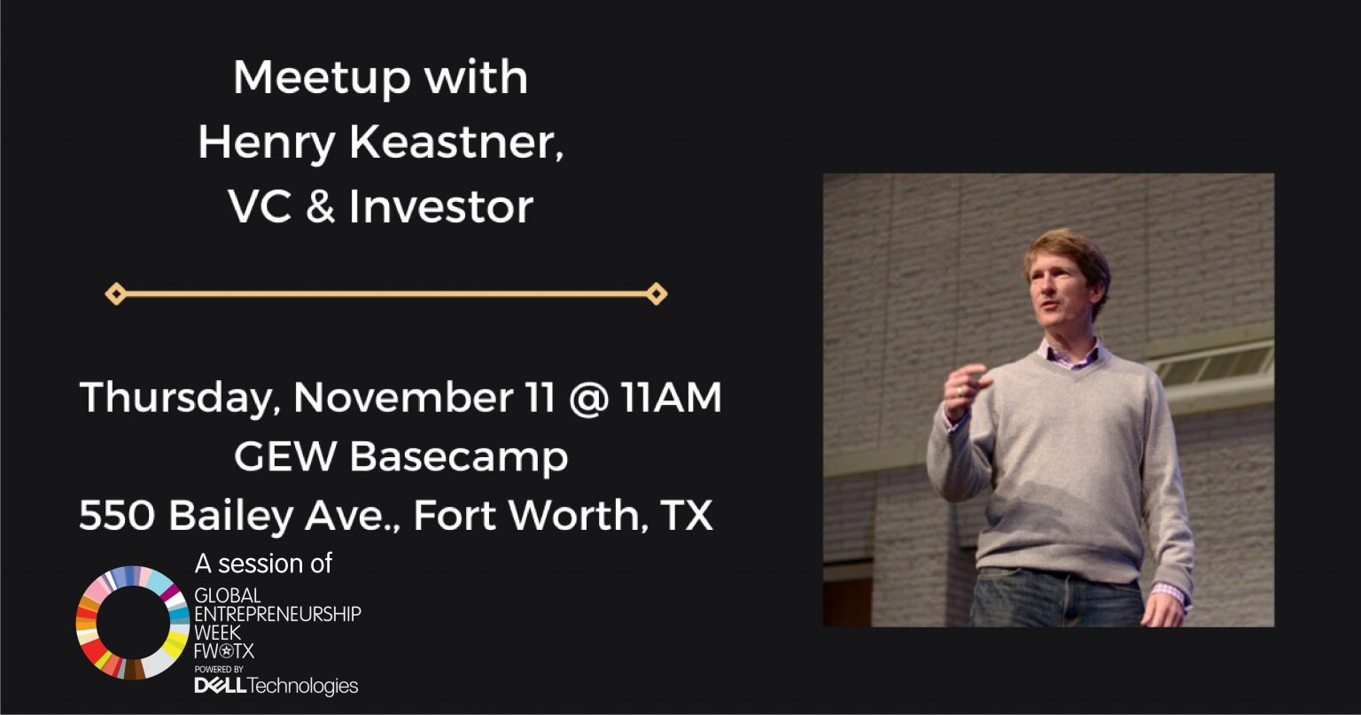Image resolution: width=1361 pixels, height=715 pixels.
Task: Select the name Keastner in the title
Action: (x=456, y=142)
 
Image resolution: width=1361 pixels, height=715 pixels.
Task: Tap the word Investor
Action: (x=441, y=206)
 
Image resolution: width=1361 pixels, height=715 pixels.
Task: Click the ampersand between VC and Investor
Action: (x=320, y=206)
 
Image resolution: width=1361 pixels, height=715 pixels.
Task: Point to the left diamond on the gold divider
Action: (x=115, y=294)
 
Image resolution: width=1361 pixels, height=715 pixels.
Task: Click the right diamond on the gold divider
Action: (x=657, y=294)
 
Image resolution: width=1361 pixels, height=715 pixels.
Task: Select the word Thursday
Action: (x=180, y=399)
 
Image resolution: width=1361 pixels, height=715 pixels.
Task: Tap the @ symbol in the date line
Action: (x=589, y=399)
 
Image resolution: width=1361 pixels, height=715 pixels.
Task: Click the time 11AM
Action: (x=672, y=397)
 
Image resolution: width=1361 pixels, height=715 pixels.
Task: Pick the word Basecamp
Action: (x=459, y=457)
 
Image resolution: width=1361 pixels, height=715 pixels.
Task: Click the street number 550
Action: (x=117, y=516)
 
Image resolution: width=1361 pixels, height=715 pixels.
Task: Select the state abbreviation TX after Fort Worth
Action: (x=687, y=516)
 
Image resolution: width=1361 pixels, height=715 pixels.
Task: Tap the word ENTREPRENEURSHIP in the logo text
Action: (x=277, y=614)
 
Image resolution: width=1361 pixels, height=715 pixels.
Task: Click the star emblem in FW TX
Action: (x=226, y=652)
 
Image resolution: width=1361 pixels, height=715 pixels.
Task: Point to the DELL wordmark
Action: (x=220, y=686)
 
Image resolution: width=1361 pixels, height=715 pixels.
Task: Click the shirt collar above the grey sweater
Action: (x=1069, y=356)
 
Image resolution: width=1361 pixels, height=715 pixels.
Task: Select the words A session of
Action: (x=263, y=563)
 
